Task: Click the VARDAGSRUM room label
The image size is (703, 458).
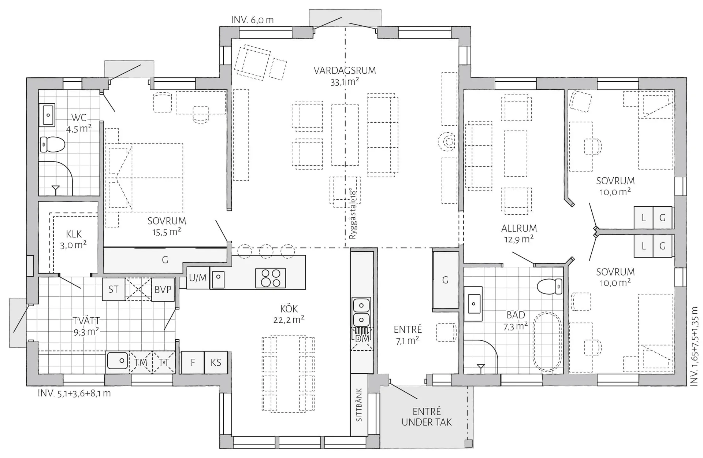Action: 345,70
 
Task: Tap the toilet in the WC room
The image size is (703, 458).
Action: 52,144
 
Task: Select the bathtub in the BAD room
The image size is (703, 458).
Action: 547,341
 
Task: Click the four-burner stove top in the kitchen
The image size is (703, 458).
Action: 271,278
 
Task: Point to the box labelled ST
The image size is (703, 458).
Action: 114,289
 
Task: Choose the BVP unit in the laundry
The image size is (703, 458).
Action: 163,289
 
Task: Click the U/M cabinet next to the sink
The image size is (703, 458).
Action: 198,278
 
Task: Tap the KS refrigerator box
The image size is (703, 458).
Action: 216,362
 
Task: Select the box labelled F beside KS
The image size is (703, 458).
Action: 193,362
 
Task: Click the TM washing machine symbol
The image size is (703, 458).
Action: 141,362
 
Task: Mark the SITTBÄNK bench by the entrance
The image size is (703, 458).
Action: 359,405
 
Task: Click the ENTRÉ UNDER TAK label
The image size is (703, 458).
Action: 427,417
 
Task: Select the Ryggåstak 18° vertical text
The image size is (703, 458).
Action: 353,214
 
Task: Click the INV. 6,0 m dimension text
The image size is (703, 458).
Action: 252,20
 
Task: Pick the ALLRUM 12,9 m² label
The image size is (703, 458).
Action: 519,233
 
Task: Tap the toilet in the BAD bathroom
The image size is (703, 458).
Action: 550,286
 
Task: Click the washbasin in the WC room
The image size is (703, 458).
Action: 47,115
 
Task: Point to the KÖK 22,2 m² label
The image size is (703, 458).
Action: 289,314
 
